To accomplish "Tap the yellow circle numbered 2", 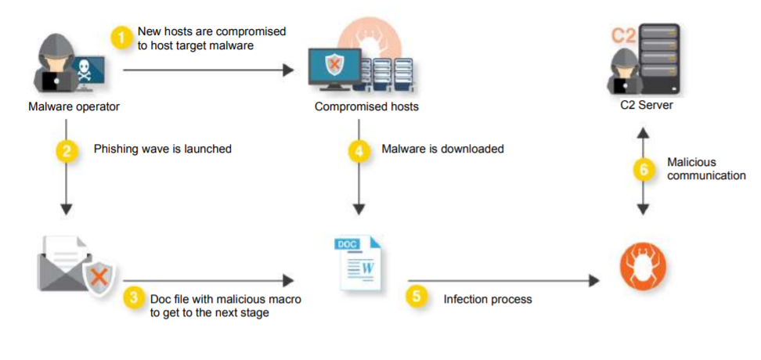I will click(67, 149).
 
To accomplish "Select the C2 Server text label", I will click(644, 106).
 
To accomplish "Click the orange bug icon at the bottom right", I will click(644, 266).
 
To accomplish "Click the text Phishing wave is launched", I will click(163, 149).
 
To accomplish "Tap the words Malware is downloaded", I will click(442, 149).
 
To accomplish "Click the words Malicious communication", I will click(706, 169).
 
